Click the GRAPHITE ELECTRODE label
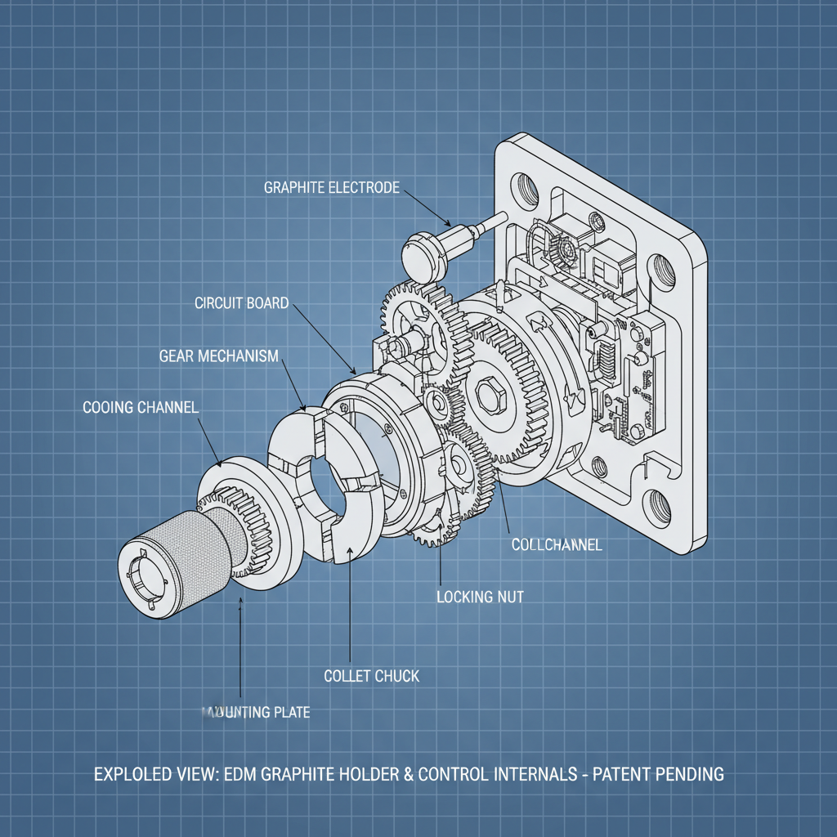pyautogui.click(x=331, y=187)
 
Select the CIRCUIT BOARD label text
pyautogui.click(x=241, y=303)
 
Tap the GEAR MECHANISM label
pyautogui.click(x=218, y=356)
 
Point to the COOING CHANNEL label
pyautogui.click(x=141, y=407)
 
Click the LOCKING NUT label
pyautogui.click(x=480, y=597)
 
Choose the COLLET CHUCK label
pyautogui.click(x=372, y=676)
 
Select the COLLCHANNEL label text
pyautogui.click(x=556, y=544)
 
